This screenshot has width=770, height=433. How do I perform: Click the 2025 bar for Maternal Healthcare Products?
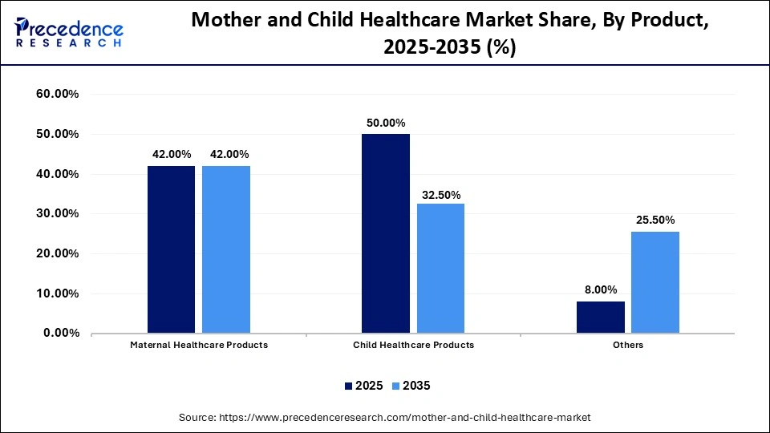[x=171, y=249]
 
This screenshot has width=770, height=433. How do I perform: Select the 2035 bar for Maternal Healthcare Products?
[x=225, y=249]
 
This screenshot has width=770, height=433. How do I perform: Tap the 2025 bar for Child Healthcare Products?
[x=386, y=233]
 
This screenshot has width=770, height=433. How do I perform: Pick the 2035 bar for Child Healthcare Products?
[x=440, y=268]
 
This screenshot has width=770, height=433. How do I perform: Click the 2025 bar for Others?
[x=600, y=317]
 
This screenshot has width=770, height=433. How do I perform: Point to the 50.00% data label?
[x=386, y=123]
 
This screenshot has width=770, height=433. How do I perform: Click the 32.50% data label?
[x=440, y=195]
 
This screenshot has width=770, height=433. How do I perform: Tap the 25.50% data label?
[x=654, y=220]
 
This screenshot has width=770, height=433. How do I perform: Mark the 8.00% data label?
[x=600, y=290]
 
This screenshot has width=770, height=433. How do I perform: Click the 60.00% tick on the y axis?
[x=58, y=95]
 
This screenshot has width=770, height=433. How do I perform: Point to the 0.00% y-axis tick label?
[x=61, y=333]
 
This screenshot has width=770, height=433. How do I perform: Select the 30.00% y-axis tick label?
[x=58, y=214]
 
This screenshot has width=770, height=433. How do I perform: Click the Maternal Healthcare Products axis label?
[x=199, y=345]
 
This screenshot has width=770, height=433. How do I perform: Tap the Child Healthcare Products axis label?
[x=413, y=345]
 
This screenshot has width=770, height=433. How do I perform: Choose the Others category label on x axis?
[x=627, y=345]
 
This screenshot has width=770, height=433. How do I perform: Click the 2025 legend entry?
[x=363, y=386]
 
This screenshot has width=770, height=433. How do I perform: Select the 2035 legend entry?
[x=411, y=386]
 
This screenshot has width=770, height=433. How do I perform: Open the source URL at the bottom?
[x=385, y=418]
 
